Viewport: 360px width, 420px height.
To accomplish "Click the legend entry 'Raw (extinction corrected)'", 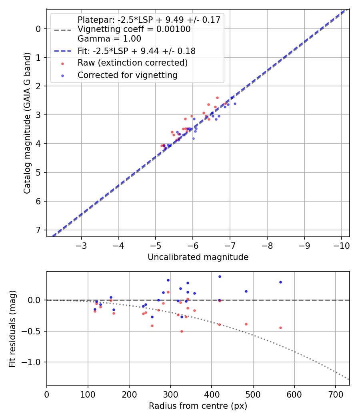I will [132, 63].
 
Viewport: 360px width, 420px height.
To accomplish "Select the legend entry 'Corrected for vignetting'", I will [127, 75].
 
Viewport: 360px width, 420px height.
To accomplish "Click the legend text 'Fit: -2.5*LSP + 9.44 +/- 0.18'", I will [136, 51].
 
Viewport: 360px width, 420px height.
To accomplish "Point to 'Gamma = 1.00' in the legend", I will [109, 39].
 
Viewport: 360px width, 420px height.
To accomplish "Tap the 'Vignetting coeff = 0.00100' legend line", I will [134, 29].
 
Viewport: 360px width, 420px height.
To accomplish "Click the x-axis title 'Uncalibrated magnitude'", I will [198, 257].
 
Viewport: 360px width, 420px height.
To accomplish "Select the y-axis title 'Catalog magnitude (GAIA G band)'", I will [27, 122].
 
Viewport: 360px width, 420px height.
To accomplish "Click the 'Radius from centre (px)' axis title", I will [198, 406].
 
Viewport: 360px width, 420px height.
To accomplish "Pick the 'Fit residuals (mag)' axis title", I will [12, 328].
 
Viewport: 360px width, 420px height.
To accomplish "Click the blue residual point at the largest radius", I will [280, 282].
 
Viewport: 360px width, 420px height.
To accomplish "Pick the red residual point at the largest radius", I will [280, 328].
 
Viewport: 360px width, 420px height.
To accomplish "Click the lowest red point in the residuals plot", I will [182, 331].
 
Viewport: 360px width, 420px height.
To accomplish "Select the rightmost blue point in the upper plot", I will [235, 104].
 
